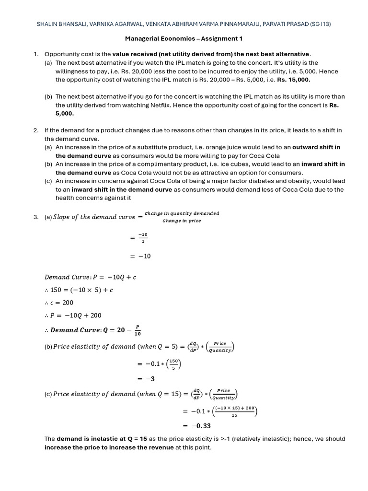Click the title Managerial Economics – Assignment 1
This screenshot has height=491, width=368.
tap(184, 38)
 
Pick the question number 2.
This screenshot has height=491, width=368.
tap(35, 130)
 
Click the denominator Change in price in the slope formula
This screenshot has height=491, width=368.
tap(182, 221)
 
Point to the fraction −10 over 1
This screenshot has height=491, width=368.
tap(143, 238)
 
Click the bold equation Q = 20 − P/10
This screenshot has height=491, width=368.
tap(96, 330)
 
